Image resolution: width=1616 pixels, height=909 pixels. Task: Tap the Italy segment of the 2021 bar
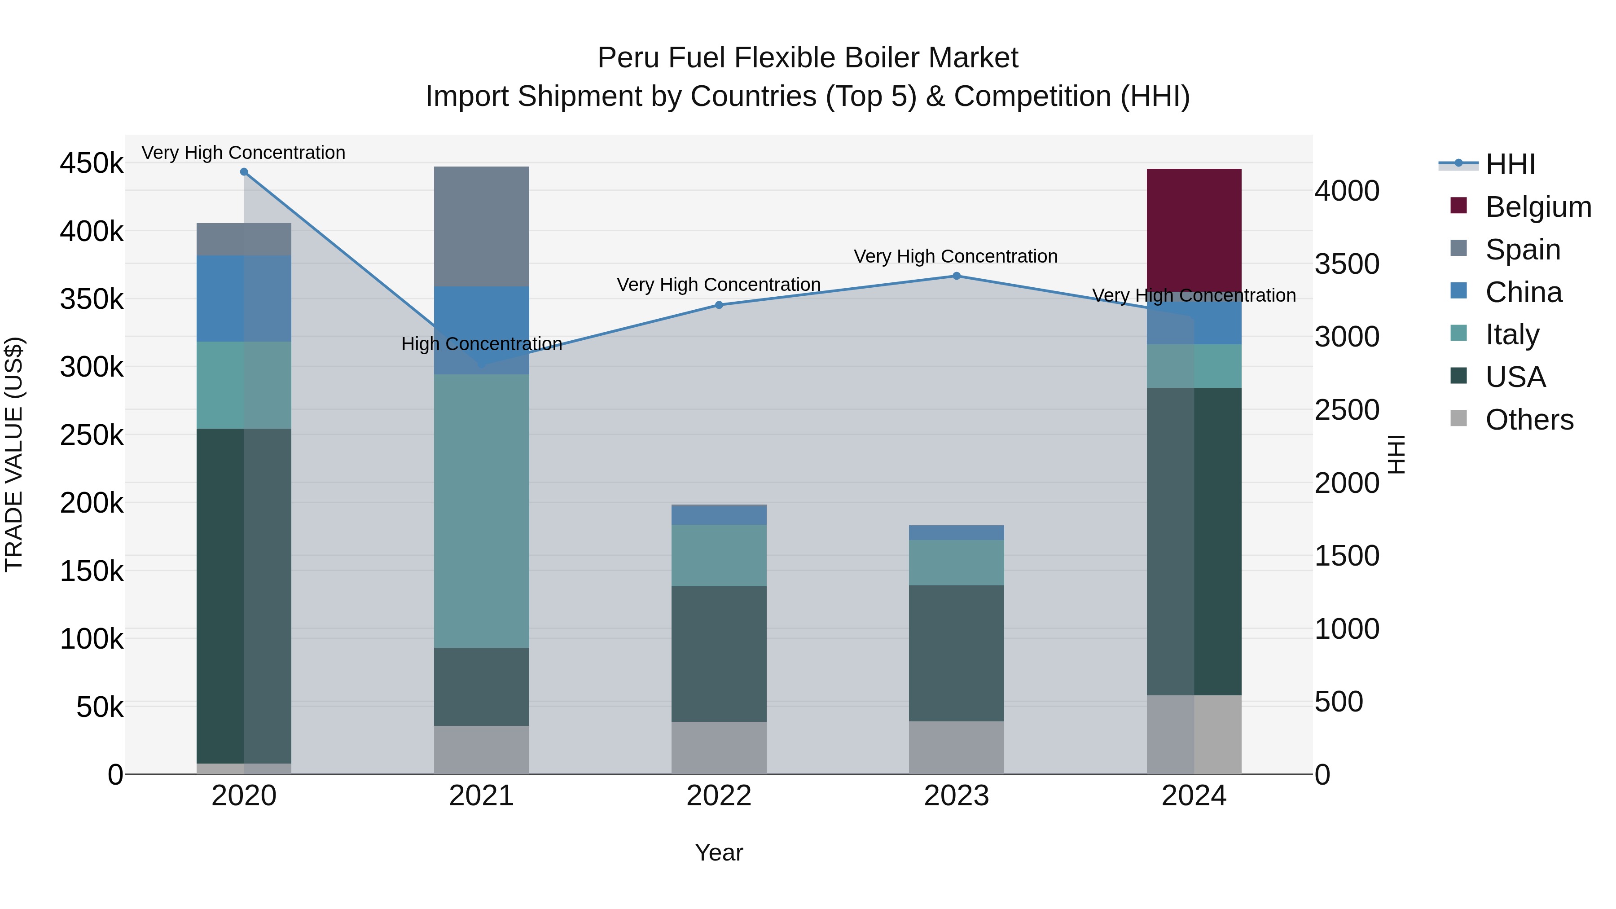pyautogui.click(x=481, y=511)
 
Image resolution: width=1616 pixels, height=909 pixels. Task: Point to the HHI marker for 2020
pyautogui.click(x=244, y=172)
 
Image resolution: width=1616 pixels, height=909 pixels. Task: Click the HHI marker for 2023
pyautogui.click(x=956, y=276)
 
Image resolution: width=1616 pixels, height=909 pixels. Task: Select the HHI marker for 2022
pyautogui.click(x=719, y=306)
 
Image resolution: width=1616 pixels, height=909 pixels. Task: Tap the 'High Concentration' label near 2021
pyautogui.click(x=481, y=344)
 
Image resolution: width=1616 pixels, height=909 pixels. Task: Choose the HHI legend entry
pyautogui.click(x=1510, y=164)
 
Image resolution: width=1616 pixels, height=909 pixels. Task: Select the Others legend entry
pyautogui.click(x=1529, y=420)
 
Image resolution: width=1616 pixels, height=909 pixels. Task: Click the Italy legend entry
pyautogui.click(x=1511, y=334)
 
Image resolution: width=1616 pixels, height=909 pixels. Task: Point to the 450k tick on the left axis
pyautogui.click(x=92, y=164)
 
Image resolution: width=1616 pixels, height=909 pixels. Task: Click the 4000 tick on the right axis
pyautogui.click(x=1346, y=191)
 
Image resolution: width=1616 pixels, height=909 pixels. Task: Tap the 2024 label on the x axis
pyautogui.click(x=1194, y=796)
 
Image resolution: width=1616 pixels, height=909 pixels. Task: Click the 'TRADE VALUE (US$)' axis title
pyautogui.click(x=14, y=454)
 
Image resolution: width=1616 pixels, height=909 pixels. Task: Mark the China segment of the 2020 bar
pyautogui.click(x=244, y=298)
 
